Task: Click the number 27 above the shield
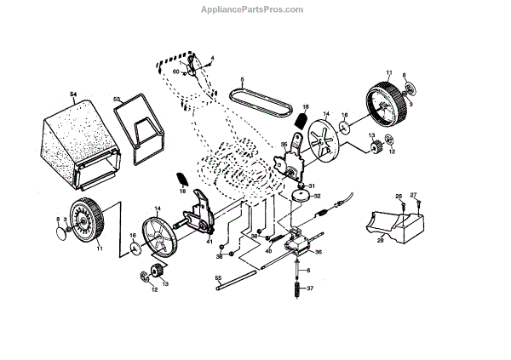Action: click(x=414, y=196)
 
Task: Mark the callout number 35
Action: click(x=284, y=146)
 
